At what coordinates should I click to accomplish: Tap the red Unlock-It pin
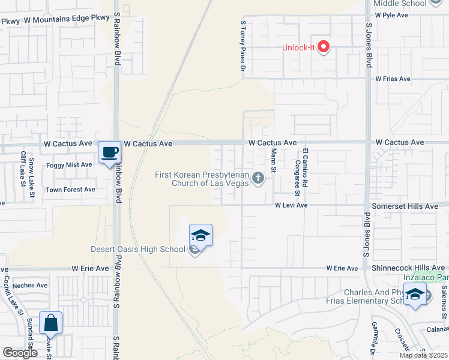(x=324, y=46)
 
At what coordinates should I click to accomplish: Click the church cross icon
(x=258, y=178)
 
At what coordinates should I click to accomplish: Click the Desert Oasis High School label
(x=138, y=250)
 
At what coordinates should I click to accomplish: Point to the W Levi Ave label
(x=291, y=205)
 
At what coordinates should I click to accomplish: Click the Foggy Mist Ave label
(x=69, y=164)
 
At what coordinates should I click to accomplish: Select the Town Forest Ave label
(x=70, y=190)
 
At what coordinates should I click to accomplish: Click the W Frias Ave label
(x=393, y=79)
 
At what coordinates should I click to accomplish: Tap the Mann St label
(x=273, y=160)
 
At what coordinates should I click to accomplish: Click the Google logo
(x=20, y=353)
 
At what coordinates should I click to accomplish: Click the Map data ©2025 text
(x=423, y=355)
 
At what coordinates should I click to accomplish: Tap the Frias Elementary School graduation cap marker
(x=415, y=294)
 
